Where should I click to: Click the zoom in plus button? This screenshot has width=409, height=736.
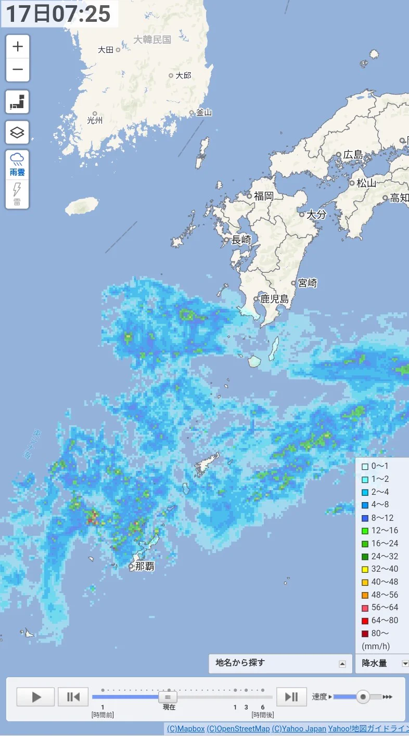click(18, 46)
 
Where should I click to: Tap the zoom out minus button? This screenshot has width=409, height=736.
click(18, 70)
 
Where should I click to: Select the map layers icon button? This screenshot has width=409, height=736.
click(18, 133)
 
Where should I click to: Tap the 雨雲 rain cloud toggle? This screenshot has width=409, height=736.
click(17, 164)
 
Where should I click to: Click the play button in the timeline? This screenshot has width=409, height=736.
click(35, 696)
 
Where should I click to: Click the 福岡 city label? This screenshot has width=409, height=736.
click(263, 196)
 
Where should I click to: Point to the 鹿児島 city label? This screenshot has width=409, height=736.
click(274, 299)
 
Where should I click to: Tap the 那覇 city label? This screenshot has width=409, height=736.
click(144, 566)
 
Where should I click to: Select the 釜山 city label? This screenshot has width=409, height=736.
click(203, 112)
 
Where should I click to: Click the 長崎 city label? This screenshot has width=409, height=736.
click(241, 240)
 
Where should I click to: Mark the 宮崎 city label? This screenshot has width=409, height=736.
click(307, 283)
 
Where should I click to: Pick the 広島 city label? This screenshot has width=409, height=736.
click(353, 155)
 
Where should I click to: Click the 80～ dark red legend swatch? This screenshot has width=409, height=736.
click(365, 633)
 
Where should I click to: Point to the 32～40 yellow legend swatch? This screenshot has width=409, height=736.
click(365, 569)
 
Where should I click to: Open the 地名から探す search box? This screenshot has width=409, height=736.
click(280, 663)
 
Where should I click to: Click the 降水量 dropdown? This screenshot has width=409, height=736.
click(382, 663)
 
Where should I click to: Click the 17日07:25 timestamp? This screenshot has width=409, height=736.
click(58, 14)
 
